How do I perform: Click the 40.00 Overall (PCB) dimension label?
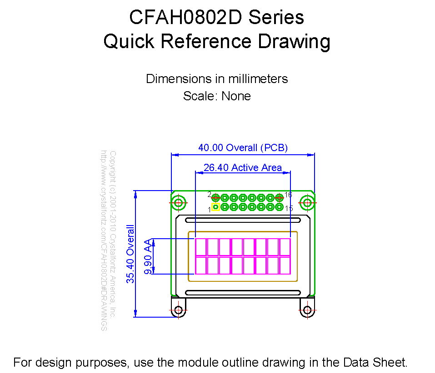click(243, 147)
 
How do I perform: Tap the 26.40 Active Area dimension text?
click(243, 167)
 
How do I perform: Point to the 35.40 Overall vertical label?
click(130, 254)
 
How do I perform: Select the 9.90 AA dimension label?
click(148, 256)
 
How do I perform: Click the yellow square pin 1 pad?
click(215, 207)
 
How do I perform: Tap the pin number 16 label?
click(288, 195)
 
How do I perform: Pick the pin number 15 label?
click(289, 208)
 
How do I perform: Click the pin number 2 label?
click(209, 195)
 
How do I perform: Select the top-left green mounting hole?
click(178, 203)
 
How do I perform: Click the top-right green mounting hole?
click(307, 203)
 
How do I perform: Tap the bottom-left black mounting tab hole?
click(178, 310)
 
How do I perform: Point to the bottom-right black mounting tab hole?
click(307, 310)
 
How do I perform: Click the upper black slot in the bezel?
click(243, 220)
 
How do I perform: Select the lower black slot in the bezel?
click(243, 293)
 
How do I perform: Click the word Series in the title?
click(276, 17)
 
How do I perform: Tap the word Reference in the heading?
click(206, 41)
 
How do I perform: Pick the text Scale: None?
click(217, 96)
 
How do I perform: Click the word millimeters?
click(258, 79)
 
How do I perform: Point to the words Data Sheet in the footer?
click(375, 363)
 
